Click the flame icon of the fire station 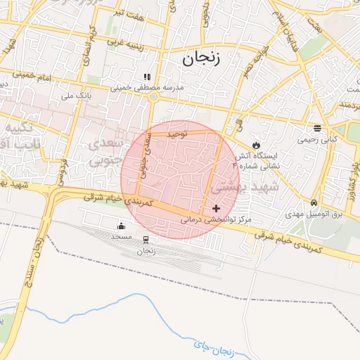pyautogui.click(x=256, y=143)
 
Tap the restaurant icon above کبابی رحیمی pyautogui.click(x=317, y=129)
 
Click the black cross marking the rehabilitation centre pyautogui.click(x=216, y=208)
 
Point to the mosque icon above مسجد pyautogui.click(x=121, y=226)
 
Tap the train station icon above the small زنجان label pyautogui.click(x=146, y=240)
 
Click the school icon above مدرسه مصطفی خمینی pyautogui.click(x=147, y=77)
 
